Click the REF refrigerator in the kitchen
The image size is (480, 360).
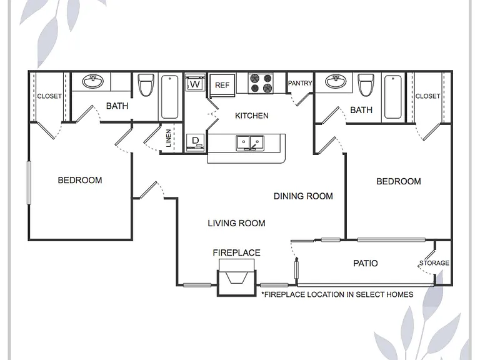(222, 85)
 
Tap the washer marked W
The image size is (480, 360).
(195, 82)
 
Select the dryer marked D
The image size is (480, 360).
(195, 142)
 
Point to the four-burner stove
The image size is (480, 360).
(261, 83)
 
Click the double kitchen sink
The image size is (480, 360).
(250, 143)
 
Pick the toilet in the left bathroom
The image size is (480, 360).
(146, 84)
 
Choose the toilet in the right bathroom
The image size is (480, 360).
(366, 84)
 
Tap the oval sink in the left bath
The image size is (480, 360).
(93, 81)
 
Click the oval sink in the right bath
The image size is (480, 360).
(336, 81)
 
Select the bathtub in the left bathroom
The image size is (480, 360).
(169, 97)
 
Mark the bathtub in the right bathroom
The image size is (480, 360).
(393, 97)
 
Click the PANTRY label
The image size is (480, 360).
(300, 83)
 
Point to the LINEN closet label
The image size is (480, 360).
(168, 138)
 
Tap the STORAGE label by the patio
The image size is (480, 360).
(434, 263)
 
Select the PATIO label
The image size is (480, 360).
(366, 263)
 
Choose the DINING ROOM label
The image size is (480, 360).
(303, 196)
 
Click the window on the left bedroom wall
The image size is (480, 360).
(29, 182)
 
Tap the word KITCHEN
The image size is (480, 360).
(252, 116)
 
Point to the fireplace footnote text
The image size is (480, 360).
(337, 294)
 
